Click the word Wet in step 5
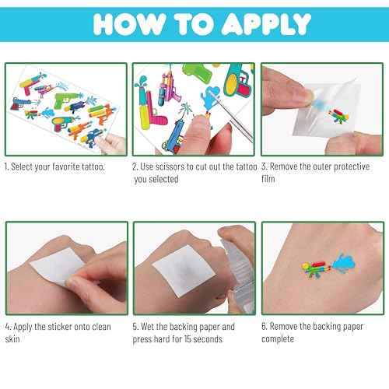pos(152,327)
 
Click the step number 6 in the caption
pos(265,327)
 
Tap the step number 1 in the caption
pos(7,167)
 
